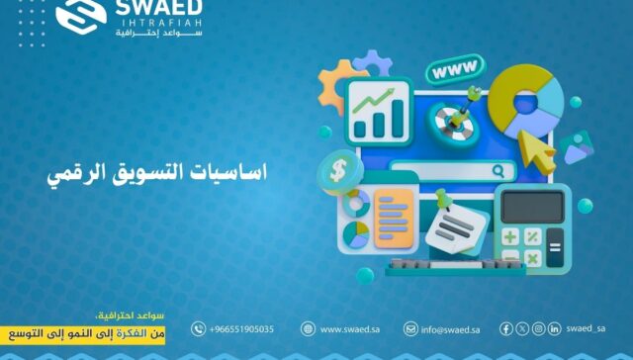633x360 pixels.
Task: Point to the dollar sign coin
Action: pyautogui.click(x=338, y=171)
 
